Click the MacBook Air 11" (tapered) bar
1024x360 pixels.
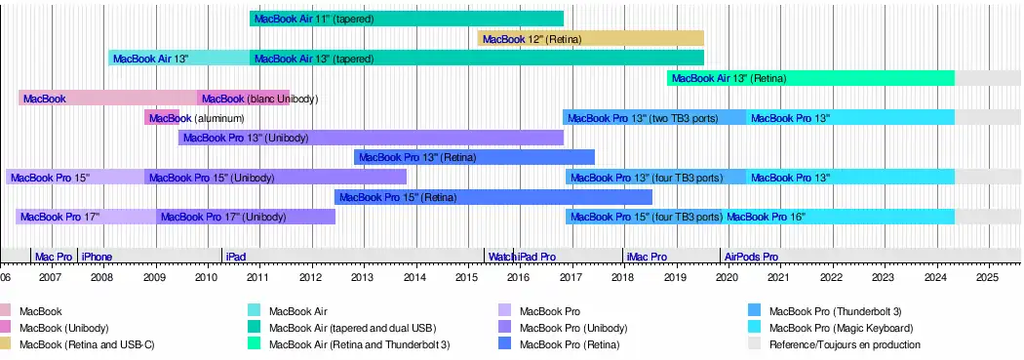point(407,19)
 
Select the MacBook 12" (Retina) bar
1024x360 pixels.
point(590,39)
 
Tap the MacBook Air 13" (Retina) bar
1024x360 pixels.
point(810,78)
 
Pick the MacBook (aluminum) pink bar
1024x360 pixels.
point(161,118)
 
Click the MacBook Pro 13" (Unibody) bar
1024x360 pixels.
point(371,138)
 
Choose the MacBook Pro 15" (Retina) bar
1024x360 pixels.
point(493,197)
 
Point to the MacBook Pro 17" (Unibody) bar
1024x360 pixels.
point(246,217)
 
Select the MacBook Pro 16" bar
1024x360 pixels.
point(839,217)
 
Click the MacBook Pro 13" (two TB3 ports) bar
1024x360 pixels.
point(654,118)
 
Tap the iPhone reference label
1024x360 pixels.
point(97,257)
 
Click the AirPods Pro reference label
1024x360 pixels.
point(751,257)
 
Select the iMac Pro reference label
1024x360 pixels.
point(647,257)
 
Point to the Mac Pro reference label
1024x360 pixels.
point(54,257)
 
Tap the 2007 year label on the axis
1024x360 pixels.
point(51,276)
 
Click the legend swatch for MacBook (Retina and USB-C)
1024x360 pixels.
point(5,344)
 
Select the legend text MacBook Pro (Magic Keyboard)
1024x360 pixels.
point(841,328)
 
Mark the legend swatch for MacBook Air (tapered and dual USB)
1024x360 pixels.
point(256,328)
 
